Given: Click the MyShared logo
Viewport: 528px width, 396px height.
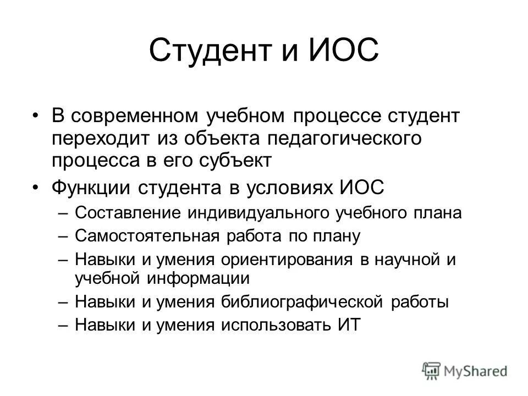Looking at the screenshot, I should [465, 371].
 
